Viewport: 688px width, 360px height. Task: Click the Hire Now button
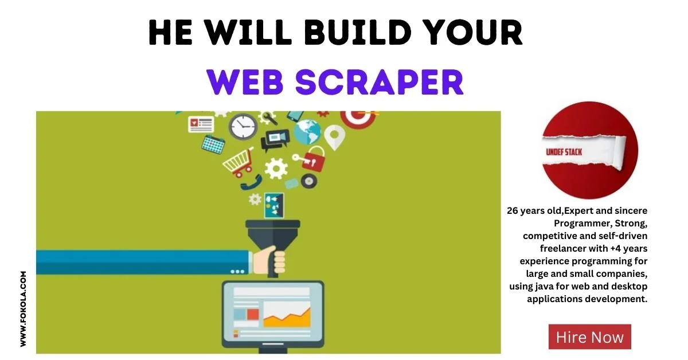tap(590, 336)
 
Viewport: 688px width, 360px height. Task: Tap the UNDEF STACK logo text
tap(564, 152)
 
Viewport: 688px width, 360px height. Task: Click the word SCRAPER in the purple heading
tap(380, 82)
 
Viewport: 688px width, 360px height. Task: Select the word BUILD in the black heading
tap(358, 32)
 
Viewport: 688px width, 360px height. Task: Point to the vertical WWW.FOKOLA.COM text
tap(23, 309)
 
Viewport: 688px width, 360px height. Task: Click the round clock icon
tap(243, 127)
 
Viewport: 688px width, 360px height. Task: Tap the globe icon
tap(307, 132)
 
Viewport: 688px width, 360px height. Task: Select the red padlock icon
tap(312, 160)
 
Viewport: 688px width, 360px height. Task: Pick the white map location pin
tap(334, 137)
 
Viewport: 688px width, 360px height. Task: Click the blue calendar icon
tap(213, 144)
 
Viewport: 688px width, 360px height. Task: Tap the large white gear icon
tap(276, 169)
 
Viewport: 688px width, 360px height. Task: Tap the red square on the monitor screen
tap(253, 315)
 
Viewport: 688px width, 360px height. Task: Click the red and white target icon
tap(358, 118)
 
